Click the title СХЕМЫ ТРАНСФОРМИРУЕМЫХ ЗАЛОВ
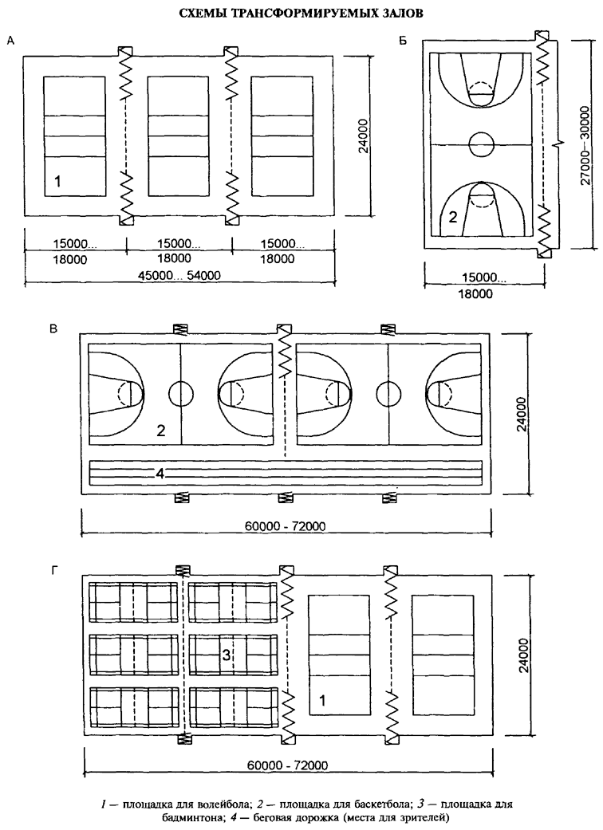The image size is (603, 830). pos(301,13)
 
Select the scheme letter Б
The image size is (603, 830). pos(403,40)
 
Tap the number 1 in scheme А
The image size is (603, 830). pos(57,183)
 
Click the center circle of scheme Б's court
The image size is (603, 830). pos(482,144)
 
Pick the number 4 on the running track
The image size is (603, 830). pos(160,474)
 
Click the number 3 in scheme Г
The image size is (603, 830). pos(227,655)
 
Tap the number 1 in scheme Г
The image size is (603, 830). pos(321,700)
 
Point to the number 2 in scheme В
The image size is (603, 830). pos(160,431)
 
